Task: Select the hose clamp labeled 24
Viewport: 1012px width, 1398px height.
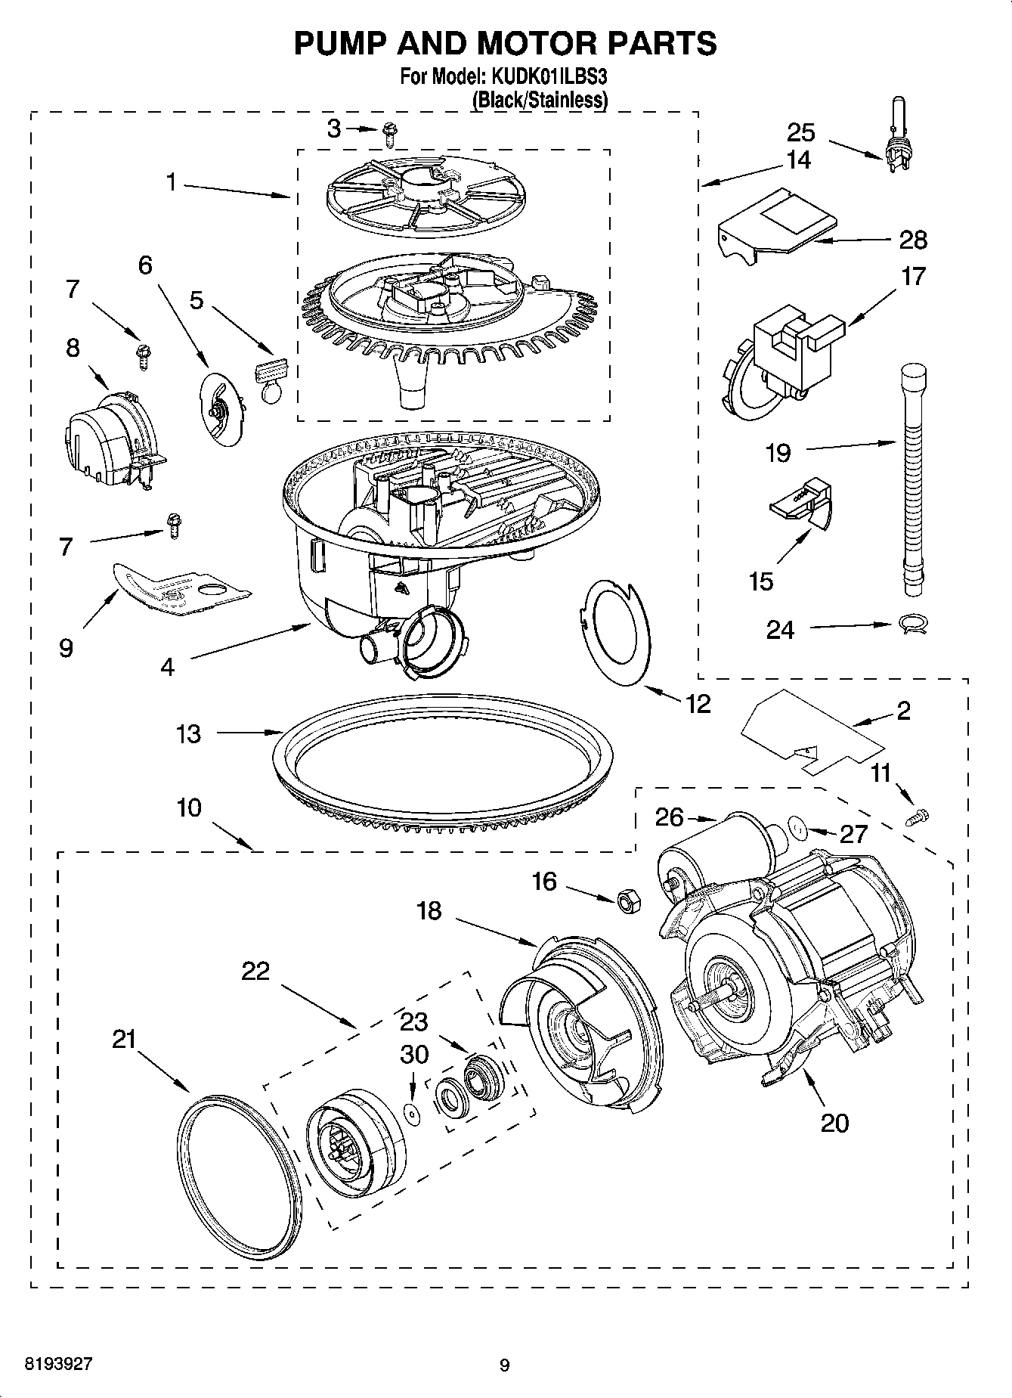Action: click(913, 624)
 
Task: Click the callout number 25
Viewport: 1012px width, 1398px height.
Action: click(801, 132)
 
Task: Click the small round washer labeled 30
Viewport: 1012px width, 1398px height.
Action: click(412, 1111)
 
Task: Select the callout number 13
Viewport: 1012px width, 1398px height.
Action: click(188, 733)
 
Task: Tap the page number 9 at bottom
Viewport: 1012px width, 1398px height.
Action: click(505, 1365)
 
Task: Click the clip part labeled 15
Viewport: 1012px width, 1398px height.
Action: click(803, 503)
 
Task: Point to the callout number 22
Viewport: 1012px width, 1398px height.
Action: click(255, 971)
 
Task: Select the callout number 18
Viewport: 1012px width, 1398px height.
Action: click(429, 910)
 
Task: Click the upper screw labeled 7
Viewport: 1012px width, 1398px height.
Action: click(142, 353)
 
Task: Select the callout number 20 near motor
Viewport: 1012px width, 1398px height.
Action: click(834, 1122)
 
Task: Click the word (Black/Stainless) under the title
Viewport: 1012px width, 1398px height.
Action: click(539, 100)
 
